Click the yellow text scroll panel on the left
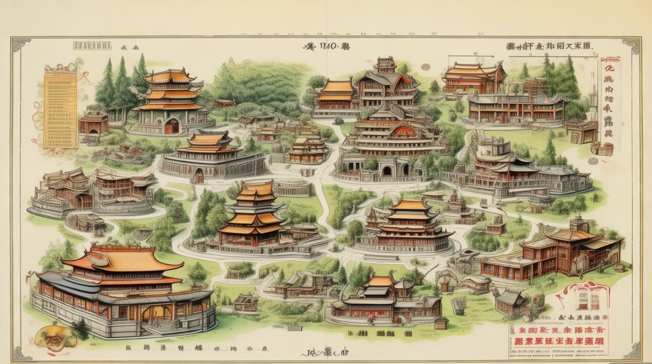60,106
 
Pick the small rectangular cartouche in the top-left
92,46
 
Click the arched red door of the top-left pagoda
171,127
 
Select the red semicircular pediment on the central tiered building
404,131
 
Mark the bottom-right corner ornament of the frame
631,350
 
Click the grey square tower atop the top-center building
386,65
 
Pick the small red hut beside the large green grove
225,103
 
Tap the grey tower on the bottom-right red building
578,224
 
